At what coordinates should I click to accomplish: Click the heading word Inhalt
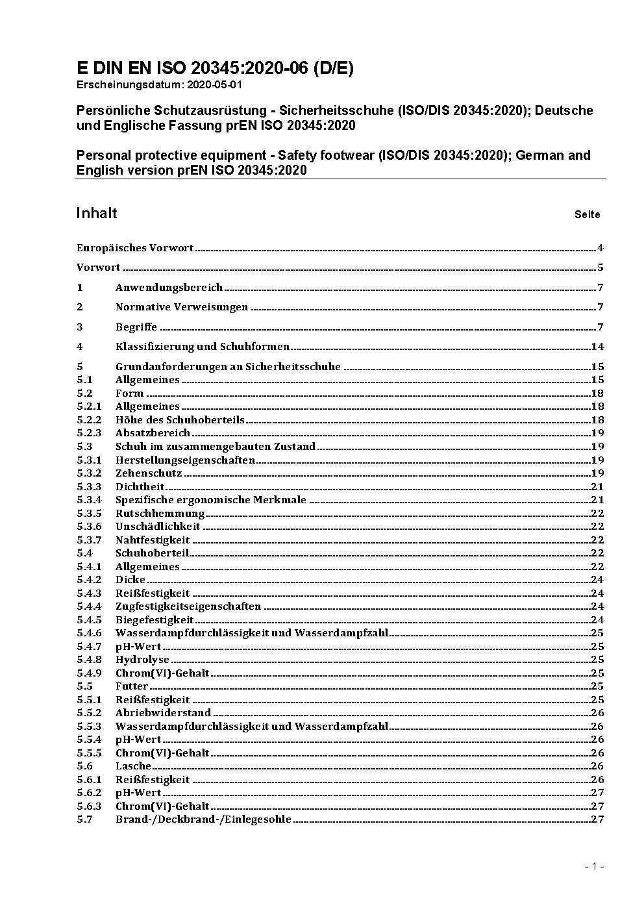coord(97,214)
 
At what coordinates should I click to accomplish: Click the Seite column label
coord(587,215)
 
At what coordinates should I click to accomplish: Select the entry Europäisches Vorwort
coord(135,248)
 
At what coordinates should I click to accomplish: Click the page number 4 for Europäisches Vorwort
coord(601,248)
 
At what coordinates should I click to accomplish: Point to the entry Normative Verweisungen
coord(182,307)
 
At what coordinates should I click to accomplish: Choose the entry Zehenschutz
coord(149,473)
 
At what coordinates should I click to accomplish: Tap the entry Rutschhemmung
coord(160,514)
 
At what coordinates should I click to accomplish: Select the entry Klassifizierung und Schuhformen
coord(203,347)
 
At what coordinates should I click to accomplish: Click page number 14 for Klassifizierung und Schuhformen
coord(597,347)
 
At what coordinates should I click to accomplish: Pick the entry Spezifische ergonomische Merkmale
coord(211,500)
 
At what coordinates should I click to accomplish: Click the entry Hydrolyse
coord(143,660)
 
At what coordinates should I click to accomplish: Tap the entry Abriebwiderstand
coord(164,713)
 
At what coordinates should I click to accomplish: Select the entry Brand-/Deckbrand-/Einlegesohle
coord(203,819)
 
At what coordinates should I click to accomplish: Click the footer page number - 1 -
coord(594,866)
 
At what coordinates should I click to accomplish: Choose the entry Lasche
coord(133,766)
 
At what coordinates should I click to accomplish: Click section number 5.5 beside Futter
coord(84,686)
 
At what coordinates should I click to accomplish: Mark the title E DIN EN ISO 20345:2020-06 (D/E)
coord(215,68)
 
